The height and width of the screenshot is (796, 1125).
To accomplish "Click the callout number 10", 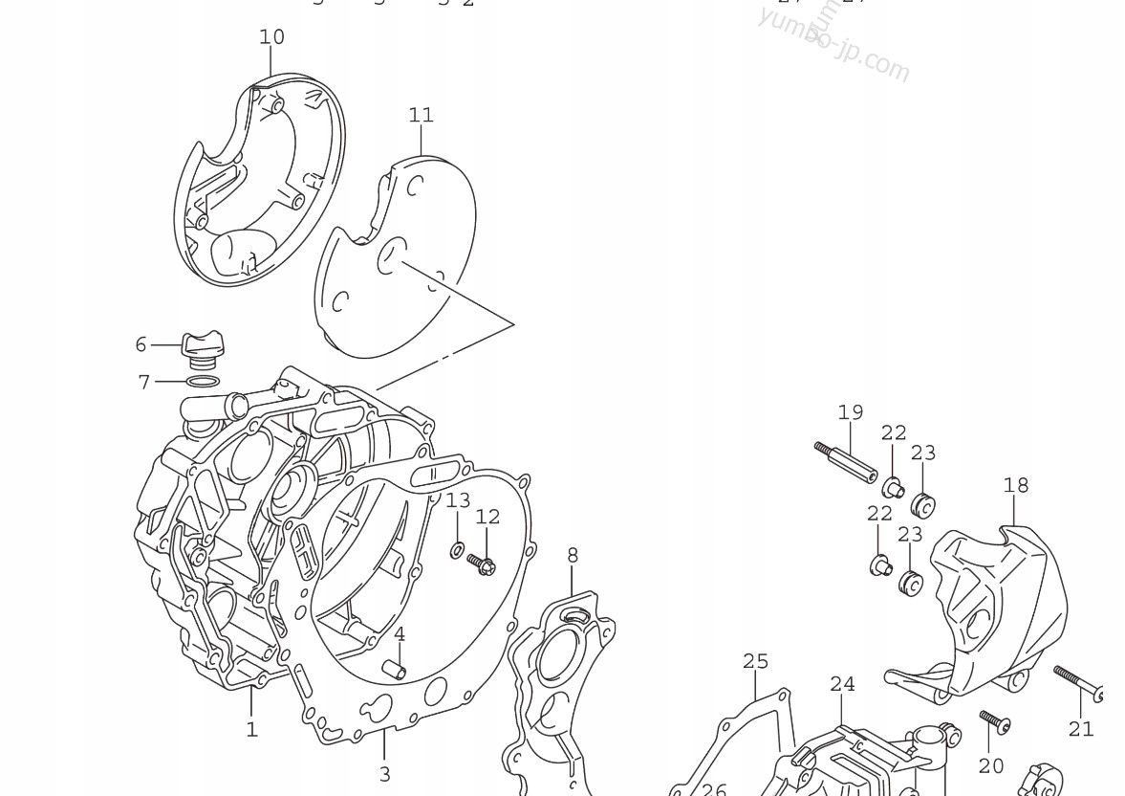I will click(271, 37).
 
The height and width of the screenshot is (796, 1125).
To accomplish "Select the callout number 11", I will click(421, 115).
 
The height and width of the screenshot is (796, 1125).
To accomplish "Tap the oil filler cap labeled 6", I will click(202, 349).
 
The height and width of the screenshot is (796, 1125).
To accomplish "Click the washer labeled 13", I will click(457, 550).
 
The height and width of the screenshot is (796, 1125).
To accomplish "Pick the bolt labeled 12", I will click(481, 564).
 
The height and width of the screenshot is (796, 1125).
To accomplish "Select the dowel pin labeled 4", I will click(395, 669).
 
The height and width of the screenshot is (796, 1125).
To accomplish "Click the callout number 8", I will click(572, 555).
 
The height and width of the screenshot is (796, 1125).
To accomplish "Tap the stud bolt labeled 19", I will click(846, 463).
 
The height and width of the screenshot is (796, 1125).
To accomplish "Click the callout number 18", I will click(1016, 485).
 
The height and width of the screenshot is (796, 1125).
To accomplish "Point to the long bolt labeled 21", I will click(1078, 684).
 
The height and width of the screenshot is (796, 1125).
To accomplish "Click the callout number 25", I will click(755, 661).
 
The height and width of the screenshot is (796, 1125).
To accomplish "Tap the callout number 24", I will click(842, 684).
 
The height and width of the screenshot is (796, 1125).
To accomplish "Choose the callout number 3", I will click(384, 774).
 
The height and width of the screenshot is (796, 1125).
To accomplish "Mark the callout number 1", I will click(251, 730).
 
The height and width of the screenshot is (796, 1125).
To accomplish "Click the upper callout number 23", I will click(922, 453).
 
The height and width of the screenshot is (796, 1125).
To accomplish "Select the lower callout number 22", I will click(879, 514).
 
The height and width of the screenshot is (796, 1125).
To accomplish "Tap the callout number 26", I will click(714, 789).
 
